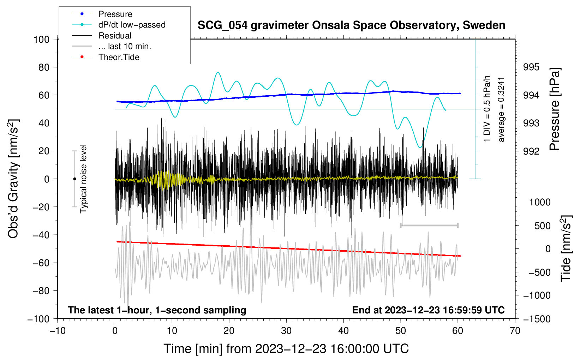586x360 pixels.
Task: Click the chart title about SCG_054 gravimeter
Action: pyautogui.click(x=351, y=25)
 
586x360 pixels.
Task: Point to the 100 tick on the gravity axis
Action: pyautogui.click(x=41, y=39)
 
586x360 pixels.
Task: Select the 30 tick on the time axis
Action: pyautogui.click(x=286, y=331)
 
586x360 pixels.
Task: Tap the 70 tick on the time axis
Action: pyautogui.click(x=515, y=331)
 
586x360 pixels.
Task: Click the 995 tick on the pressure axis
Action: pyautogui.click(x=531, y=67)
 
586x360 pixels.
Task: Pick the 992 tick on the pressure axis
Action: pyautogui.click(x=531, y=151)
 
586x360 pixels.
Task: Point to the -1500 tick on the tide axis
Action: pyautogui.click(x=537, y=319)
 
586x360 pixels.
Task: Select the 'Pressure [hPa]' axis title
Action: pyautogui.click(x=555, y=109)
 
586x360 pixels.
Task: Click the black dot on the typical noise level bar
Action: pyautogui.click(x=74, y=179)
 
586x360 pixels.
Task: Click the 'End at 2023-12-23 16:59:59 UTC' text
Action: pyautogui.click(x=428, y=310)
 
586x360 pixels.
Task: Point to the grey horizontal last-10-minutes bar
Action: pyautogui.click(x=429, y=225)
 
